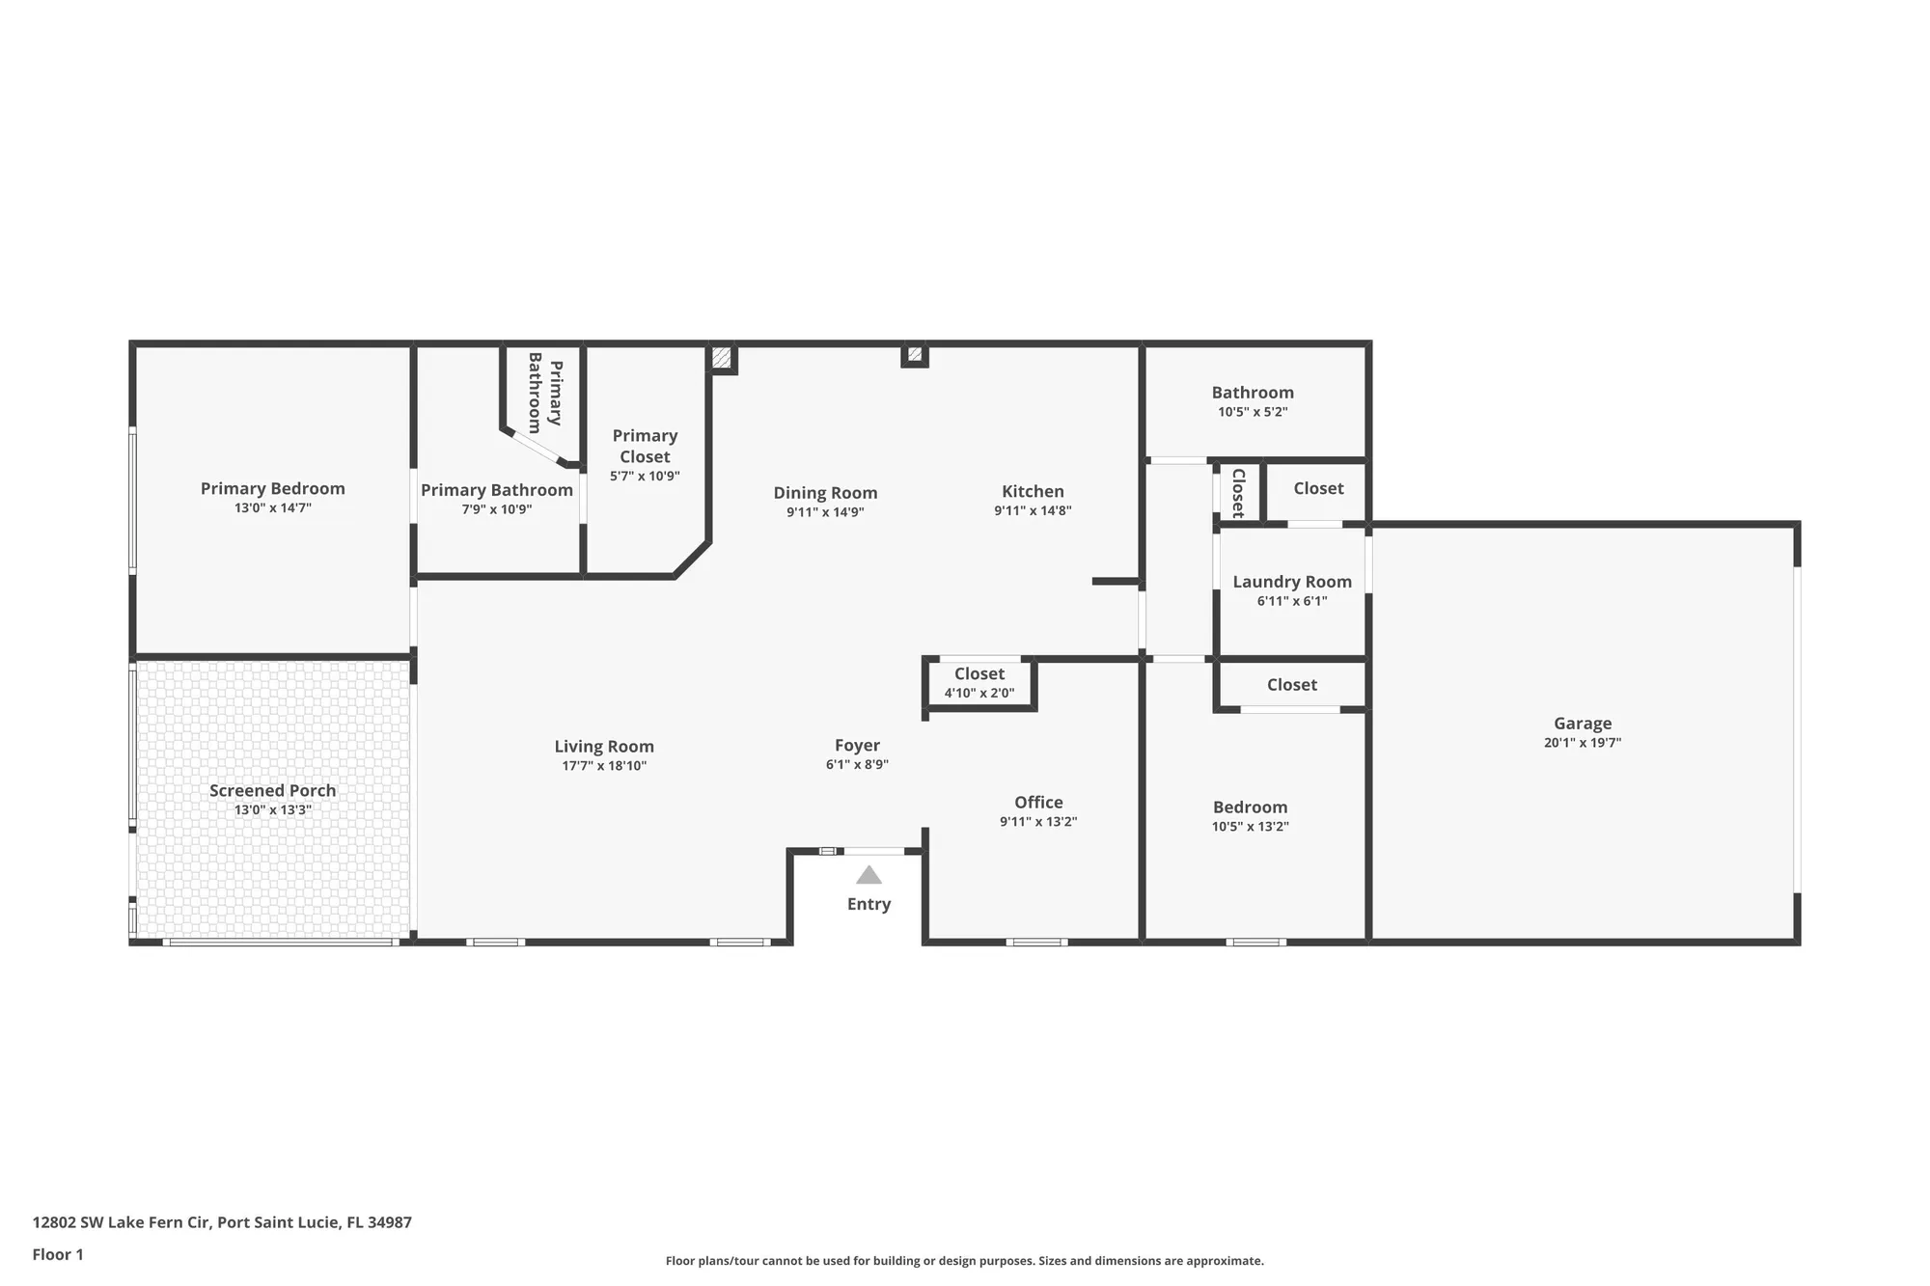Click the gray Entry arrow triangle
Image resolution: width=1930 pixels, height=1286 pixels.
click(x=868, y=876)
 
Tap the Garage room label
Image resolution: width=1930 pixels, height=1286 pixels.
click(x=1582, y=723)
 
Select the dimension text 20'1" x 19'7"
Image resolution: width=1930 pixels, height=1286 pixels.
click(x=1582, y=743)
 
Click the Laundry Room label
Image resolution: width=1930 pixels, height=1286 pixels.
click(x=1291, y=582)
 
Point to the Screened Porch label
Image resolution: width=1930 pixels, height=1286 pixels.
click(x=272, y=790)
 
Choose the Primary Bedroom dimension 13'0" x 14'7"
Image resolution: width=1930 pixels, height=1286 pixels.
click(x=272, y=508)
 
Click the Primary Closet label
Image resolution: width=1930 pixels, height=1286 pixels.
click(x=645, y=446)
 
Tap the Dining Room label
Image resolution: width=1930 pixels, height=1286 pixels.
click(x=825, y=493)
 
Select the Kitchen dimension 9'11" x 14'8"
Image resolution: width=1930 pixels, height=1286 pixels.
click(x=1033, y=511)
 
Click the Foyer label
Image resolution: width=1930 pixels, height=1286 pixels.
click(x=857, y=745)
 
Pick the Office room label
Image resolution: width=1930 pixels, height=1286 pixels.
click(x=1038, y=802)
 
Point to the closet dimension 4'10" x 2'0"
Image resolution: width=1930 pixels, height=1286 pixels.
click(x=979, y=693)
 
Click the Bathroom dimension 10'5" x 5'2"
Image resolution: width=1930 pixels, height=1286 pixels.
click(x=1252, y=412)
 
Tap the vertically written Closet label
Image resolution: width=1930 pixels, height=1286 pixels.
click(x=1238, y=493)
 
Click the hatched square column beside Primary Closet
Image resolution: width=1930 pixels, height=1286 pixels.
click(x=722, y=357)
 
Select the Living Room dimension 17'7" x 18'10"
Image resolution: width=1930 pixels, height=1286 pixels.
click(x=604, y=766)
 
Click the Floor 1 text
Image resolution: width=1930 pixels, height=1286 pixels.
click(x=58, y=1254)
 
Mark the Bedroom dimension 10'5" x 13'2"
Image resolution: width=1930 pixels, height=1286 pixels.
click(x=1250, y=827)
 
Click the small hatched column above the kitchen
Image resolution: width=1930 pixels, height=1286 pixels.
click(x=914, y=355)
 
